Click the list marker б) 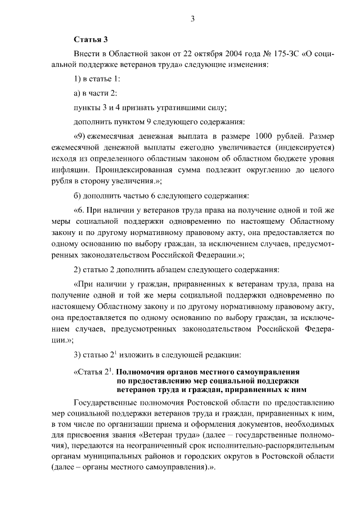(79, 196)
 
